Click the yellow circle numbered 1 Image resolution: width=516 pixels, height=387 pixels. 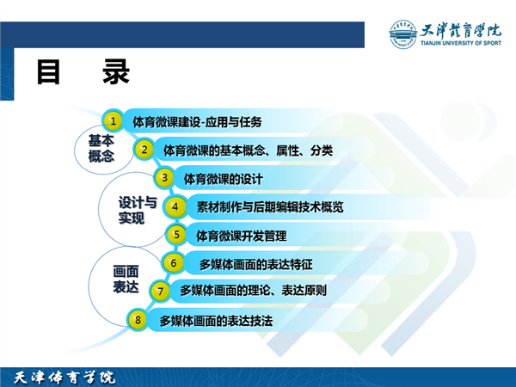(x=113, y=121)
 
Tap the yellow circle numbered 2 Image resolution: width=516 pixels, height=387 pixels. (x=144, y=150)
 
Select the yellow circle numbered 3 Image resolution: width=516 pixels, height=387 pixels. (x=164, y=178)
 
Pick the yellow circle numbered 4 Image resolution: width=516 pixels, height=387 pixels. (x=175, y=206)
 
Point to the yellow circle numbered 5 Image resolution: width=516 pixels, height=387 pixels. (x=176, y=235)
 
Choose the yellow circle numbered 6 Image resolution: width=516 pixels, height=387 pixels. (x=173, y=262)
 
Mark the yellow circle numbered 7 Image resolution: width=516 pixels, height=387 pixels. (x=160, y=291)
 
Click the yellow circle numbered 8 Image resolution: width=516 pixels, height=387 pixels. (x=138, y=320)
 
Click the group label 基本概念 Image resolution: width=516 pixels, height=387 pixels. (x=101, y=149)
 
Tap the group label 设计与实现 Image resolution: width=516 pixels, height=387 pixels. (x=138, y=210)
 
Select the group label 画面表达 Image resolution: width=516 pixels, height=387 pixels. (x=126, y=279)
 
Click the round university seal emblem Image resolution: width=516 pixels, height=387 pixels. (x=402, y=34)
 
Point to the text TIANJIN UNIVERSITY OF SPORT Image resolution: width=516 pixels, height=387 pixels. (x=461, y=43)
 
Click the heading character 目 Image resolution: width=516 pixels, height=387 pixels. (x=48, y=71)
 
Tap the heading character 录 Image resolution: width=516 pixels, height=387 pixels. (x=116, y=71)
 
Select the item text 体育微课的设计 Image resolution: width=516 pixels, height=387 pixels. (x=223, y=179)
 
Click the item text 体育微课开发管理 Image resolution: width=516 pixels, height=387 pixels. (x=241, y=236)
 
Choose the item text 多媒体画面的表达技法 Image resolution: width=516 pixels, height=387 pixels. (x=216, y=321)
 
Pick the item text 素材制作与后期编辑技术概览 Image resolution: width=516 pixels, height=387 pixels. (x=270, y=207)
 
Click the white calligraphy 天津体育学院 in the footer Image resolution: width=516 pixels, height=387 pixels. (x=64, y=378)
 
